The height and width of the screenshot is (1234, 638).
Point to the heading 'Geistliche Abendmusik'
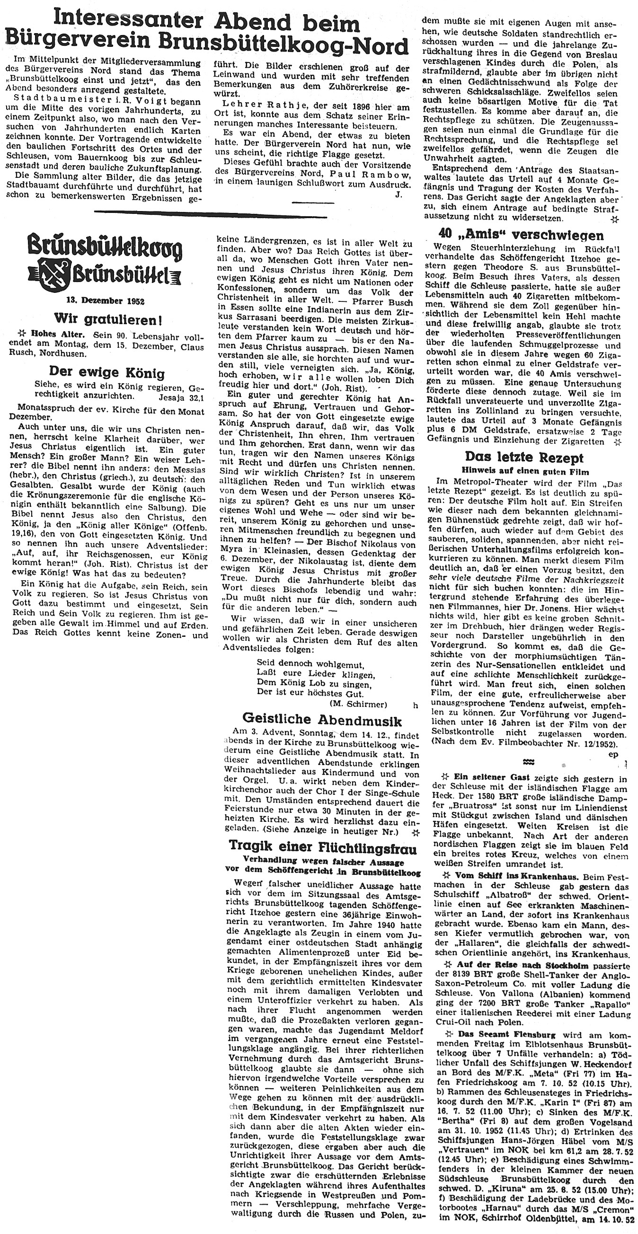(x=322, y=720)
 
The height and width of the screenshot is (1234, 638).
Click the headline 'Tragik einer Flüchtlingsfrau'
(x=322, y=847)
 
